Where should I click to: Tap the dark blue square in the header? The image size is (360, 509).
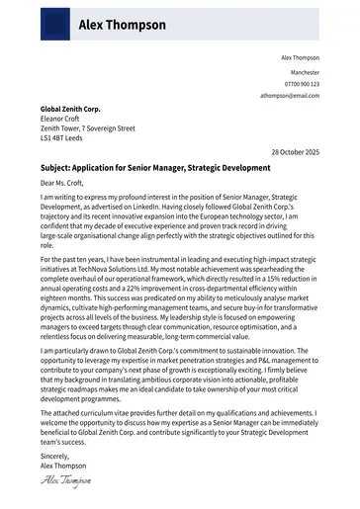pos(55,23)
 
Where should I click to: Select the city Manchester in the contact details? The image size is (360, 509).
pos(305,73)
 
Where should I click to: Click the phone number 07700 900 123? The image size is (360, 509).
pos(302,85)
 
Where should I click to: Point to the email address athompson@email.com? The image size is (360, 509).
pos(290,96)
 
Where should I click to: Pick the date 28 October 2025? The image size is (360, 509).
pos(295,152)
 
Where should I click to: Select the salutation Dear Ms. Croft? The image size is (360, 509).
pos(62,183)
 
